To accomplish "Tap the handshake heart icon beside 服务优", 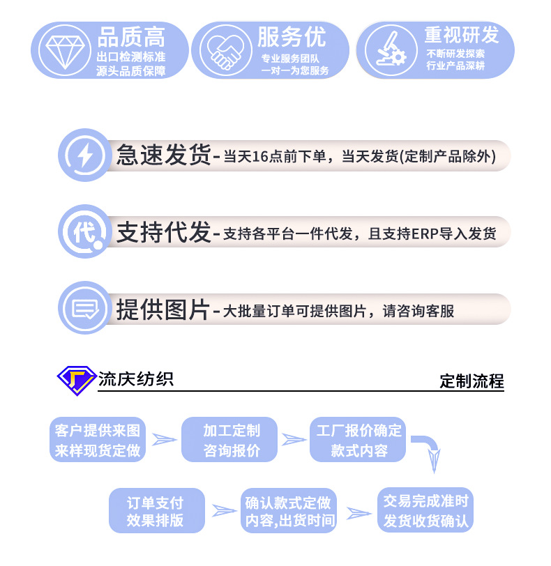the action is point(224,50).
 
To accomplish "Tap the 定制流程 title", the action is point(471,381).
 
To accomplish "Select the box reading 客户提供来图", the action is point(98,440).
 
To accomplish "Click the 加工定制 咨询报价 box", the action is point(231,440).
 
